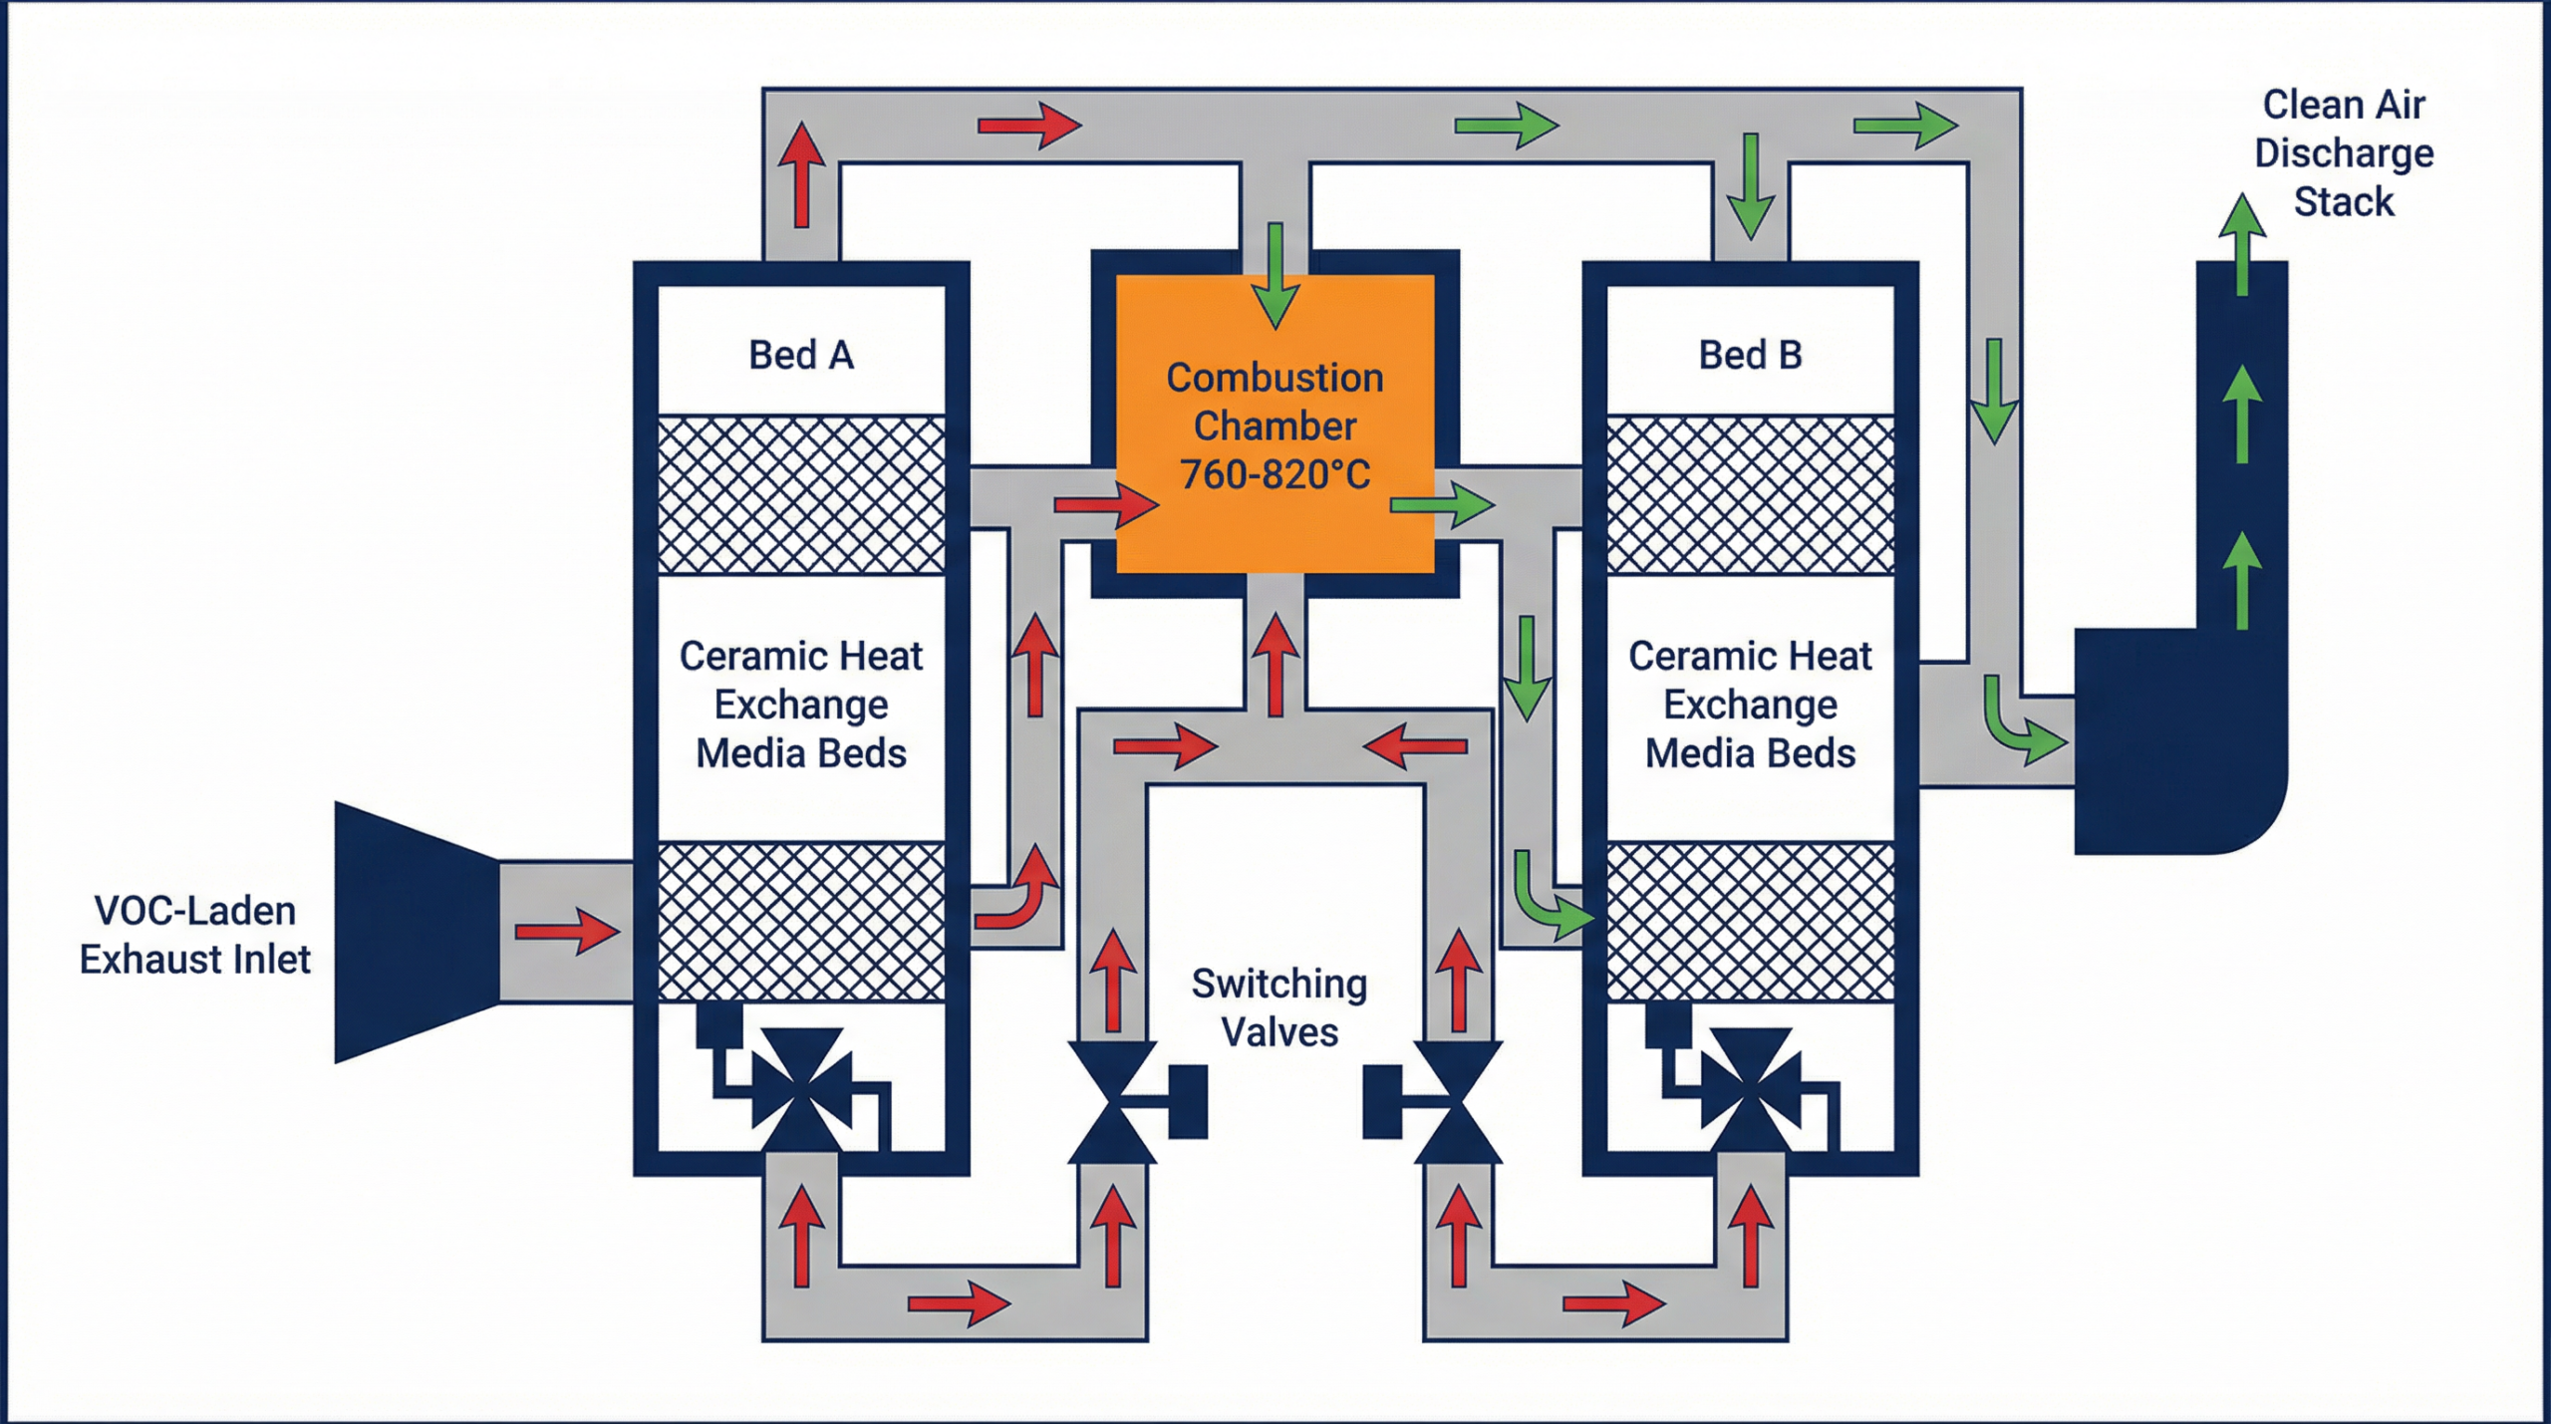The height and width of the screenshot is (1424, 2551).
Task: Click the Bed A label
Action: tap(801, 355)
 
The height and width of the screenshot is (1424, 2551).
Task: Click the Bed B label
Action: tap(1750, 355)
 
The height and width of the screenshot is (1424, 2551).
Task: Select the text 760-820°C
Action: tap(1275, 475)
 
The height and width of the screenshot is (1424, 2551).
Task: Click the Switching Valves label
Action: tap(1279, 1007)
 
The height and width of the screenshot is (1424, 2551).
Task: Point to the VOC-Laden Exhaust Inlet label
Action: tap(195, 935)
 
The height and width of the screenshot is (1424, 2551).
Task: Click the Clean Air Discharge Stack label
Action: tap(2344, 153)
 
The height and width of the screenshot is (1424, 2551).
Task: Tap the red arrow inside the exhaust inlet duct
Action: tap(567, 932)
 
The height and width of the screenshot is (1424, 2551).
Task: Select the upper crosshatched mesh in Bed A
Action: tap(801, 495)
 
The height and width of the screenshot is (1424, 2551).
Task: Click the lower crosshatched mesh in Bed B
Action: tap(1750, 922)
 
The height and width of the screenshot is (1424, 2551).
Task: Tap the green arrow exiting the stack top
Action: tap(2242, 244)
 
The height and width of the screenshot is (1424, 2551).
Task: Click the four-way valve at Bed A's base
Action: tap(801, 1090)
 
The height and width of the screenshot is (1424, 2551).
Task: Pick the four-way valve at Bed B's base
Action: tap(1751, 1090)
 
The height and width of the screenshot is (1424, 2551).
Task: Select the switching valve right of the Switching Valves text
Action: tap(1457, 1102)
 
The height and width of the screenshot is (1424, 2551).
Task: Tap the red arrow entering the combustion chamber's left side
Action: tap(1106, 505)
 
